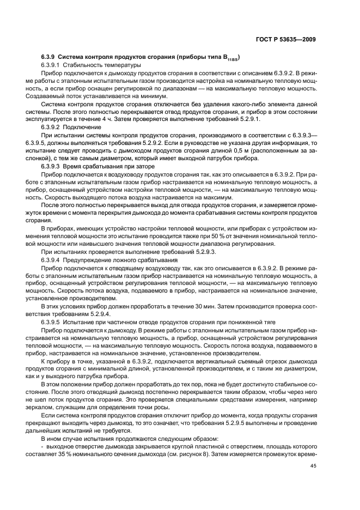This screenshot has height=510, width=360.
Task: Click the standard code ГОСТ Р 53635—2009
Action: (x=286, y=39)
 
